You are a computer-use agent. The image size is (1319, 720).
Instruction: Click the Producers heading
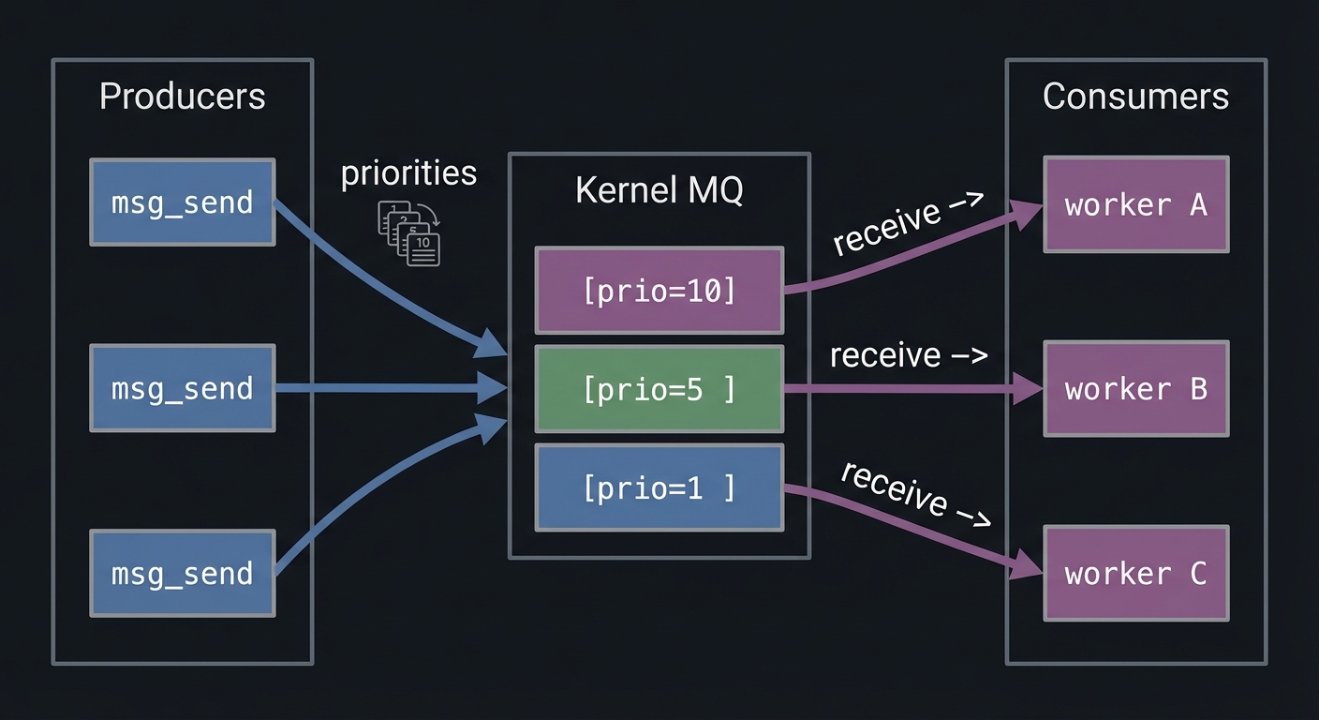(182, 97)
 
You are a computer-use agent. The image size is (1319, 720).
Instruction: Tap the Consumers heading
(1135, 97)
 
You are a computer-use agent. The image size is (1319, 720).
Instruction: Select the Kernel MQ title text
(659, 189)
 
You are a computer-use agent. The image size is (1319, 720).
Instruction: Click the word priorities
(408, 173)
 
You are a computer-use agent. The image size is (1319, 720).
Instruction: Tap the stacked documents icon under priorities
(409, 232)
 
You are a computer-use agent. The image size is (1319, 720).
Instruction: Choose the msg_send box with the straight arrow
(183, 388)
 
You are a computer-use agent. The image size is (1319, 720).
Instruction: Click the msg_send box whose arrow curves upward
(183, 573)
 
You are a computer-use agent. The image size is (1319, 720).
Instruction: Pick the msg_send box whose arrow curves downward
(183, 202)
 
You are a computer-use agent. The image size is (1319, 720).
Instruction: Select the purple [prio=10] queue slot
(659, 291)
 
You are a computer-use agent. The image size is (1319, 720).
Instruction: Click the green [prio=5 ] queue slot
(659, 389)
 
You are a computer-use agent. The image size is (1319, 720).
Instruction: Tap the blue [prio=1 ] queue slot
(659, 487)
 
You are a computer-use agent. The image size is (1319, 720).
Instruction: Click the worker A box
(1135, 204)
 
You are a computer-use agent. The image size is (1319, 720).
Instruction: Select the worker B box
(1135, 389)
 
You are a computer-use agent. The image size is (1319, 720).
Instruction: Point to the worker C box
(1135, 573)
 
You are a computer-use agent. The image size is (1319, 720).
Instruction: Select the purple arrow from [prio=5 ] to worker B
(899, 388)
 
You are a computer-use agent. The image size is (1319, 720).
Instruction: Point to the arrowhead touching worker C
(1027, 565)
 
